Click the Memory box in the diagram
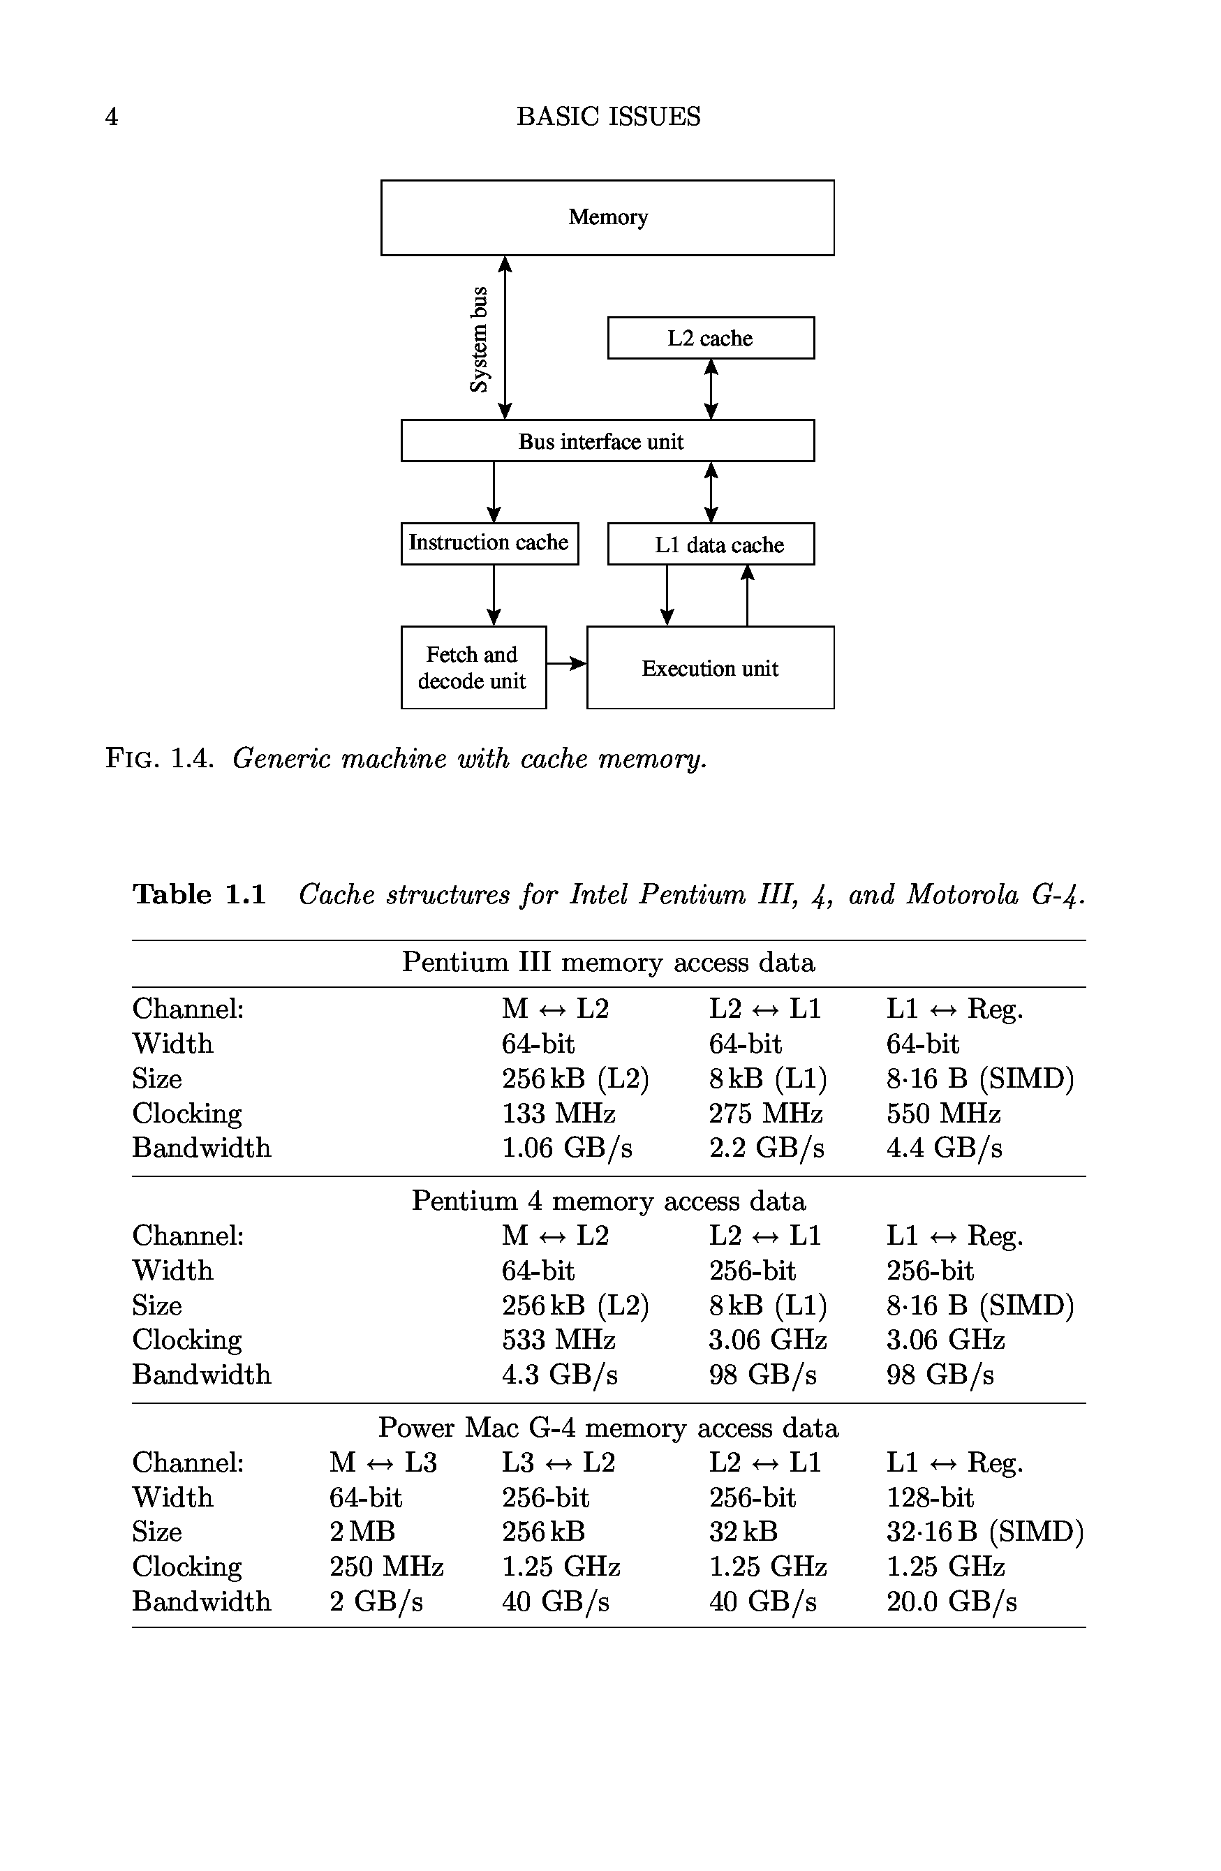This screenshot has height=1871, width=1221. [607, 218]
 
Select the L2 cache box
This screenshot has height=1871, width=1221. [710, 338]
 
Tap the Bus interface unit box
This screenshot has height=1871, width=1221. [607, 441]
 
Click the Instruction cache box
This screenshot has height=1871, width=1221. [489, 543]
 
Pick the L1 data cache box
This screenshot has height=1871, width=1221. [710, 544]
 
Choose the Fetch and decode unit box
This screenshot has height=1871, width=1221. [473, 667]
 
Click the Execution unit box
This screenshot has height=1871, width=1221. [710, 667]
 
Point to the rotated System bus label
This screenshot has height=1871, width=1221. [478, 339]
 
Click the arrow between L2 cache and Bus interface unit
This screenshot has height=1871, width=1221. [711, 389]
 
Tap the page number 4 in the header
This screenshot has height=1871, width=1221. [112, 117]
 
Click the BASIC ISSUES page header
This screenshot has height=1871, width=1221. [608, 117]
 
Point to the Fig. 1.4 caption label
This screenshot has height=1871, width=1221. [160, 759]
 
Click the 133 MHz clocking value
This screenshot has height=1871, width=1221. [558, 1113]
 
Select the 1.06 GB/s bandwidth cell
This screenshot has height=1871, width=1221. [567, 1148]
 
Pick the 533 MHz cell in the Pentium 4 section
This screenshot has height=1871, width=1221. [558, 1340]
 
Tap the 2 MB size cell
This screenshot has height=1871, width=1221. [362, 1532]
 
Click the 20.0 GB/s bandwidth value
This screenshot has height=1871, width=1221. [952, 1602]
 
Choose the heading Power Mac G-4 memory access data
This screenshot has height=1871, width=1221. [608, 1428]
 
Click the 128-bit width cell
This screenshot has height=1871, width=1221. [930, 1497]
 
